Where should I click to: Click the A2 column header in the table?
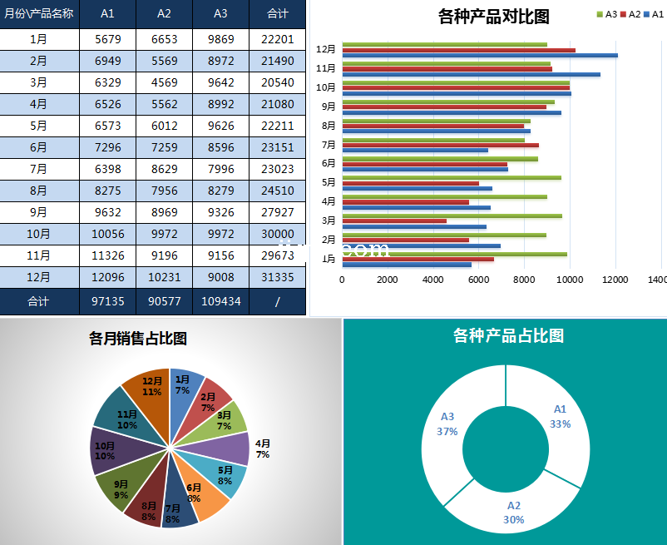coord(164,14)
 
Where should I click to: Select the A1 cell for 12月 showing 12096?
coord(108,277)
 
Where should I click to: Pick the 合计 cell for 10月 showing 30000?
coord(277,234)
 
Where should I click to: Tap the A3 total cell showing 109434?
coord(220,300)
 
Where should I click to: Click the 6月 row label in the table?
coord(38,147)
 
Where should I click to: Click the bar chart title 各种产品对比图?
coord(493,16)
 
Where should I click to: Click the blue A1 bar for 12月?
coord(480,56)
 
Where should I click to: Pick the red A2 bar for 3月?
coord(394,221)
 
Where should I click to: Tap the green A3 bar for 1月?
coord(454,254)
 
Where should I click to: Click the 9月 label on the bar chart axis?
coord(329,107)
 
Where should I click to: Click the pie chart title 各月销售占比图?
coord(138,338)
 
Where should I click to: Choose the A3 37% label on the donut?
coord(447,424)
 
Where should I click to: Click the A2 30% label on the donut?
coord(513,512)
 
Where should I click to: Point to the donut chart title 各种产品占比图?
coord(508,335)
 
